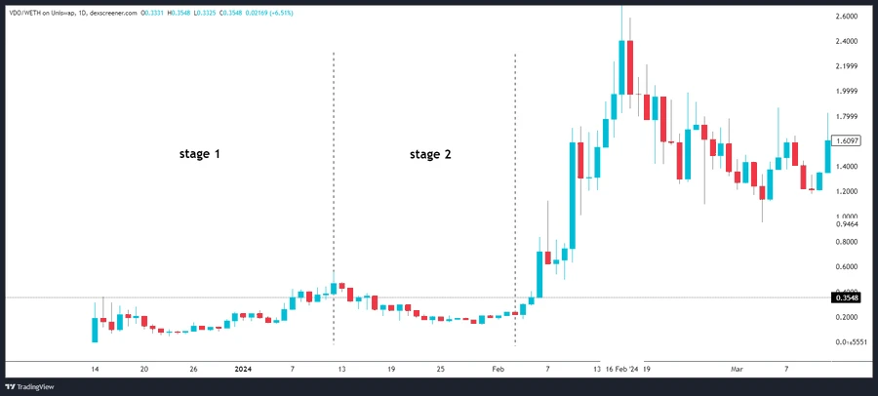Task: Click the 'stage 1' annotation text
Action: (198, 154)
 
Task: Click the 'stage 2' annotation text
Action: (430, 154)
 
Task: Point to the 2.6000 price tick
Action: (847, 18)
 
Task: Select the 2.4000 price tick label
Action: (847, 42)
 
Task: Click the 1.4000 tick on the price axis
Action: (847, 167)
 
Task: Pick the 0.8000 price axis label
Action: (847, 242)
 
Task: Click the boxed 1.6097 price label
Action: (847, 141)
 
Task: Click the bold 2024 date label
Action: (243, 370)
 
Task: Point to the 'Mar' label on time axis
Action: (737, 370)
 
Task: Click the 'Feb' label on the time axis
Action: (498, 370)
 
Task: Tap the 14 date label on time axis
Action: (95, 370)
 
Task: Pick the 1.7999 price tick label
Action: (847, 117)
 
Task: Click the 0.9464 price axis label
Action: (847, 224)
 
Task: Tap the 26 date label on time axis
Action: (193, 370)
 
